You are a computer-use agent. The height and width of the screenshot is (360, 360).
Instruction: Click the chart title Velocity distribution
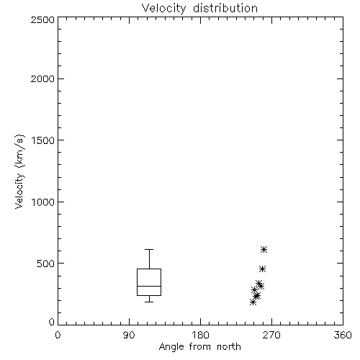199,9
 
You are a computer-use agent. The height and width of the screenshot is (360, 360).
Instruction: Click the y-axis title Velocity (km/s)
19,171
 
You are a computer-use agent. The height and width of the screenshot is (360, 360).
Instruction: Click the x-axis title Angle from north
199,347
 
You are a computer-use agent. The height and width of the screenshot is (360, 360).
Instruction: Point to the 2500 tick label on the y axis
42,19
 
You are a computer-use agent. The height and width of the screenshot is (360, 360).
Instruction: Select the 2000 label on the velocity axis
42,78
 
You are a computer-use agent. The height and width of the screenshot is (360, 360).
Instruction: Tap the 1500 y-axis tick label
43,140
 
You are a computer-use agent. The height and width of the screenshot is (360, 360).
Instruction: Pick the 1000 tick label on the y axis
43,202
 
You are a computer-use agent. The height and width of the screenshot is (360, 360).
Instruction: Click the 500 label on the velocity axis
46,264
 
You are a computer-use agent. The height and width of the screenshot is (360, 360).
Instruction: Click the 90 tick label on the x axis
129,335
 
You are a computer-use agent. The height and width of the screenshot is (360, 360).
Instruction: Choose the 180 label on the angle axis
200,335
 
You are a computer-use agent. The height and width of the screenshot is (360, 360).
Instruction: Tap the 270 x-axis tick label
271,335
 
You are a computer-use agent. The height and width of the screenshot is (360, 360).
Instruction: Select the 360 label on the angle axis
343,335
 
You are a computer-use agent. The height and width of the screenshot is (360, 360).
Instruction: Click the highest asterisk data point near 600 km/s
264,250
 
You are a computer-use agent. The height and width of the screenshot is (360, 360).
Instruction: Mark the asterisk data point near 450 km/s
262,269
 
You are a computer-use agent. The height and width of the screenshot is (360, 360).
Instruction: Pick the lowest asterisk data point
253,302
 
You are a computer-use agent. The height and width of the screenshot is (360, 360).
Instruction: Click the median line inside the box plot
149,286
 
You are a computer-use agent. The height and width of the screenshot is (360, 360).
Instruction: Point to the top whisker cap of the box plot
149,250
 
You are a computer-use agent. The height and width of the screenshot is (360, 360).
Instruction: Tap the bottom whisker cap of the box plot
149,302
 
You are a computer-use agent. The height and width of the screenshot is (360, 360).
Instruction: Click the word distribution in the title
225,9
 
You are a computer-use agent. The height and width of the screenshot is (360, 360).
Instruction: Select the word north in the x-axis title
229,347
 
